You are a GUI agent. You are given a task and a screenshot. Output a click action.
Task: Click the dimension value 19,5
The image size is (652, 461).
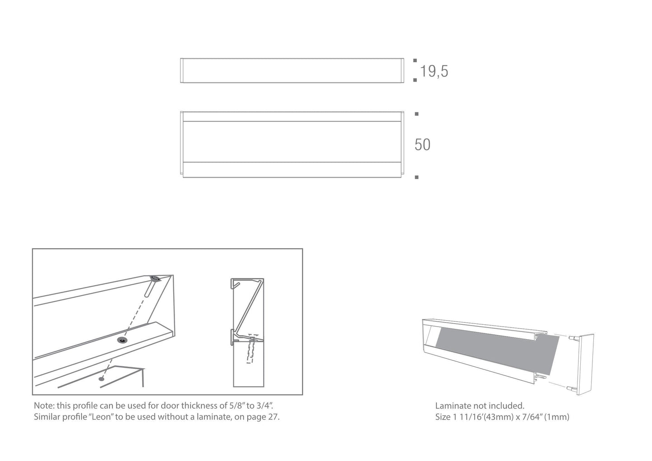tap(434, 71)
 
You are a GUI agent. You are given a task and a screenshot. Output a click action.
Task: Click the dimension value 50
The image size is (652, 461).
tap(422, 145)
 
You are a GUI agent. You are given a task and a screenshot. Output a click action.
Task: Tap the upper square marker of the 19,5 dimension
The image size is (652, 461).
tap(415, 60)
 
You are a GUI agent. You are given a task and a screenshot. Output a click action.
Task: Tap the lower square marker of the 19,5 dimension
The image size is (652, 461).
tap(415, 80)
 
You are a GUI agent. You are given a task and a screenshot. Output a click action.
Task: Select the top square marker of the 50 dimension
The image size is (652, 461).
tap(417, 114)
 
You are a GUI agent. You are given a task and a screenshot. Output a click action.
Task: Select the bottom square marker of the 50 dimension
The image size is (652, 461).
tap(417, 177)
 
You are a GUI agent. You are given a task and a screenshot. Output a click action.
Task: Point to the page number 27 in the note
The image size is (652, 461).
tap(273, 417)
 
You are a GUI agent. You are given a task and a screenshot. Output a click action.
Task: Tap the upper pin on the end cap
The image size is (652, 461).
tap(573, 338)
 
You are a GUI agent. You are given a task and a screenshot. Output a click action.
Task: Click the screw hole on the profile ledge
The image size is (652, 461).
tap(122, 340)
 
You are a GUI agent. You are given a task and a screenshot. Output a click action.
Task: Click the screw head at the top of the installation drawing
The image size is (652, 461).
tap(155, 278)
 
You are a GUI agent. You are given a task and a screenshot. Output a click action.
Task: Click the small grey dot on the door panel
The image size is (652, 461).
tap(102, 378)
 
